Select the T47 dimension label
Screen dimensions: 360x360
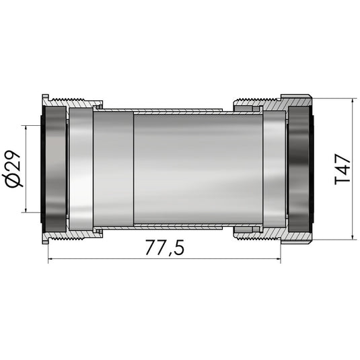(343, 169)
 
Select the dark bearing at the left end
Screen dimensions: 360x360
(55, 168)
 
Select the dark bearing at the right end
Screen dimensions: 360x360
(299, 168)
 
